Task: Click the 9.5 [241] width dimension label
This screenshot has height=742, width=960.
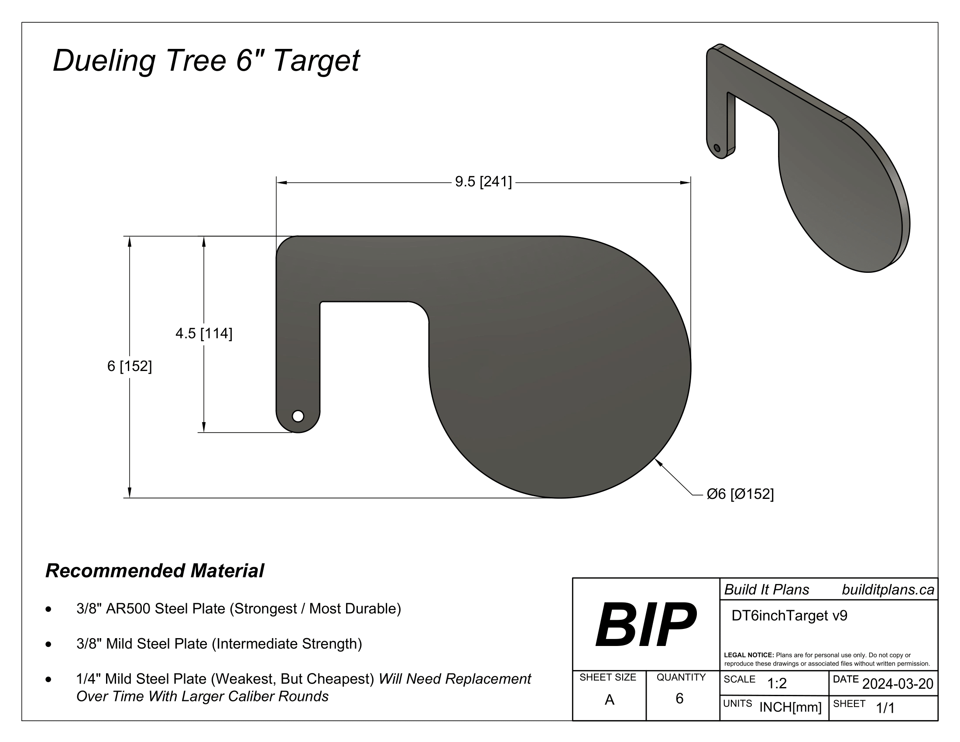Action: pos(483,182)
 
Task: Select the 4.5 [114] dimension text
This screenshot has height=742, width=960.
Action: pos(203,333)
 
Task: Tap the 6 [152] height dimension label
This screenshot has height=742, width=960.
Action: pos(129,366)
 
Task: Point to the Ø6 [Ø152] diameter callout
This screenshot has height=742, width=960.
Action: pos(740,494)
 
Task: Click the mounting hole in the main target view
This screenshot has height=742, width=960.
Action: pos(298,416)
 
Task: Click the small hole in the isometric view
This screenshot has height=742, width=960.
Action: pos(717,148)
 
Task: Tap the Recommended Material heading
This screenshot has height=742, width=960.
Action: pos(154,570)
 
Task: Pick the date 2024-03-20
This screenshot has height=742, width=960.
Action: pos(898,684)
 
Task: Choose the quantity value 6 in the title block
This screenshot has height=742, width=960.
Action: pos(679,698)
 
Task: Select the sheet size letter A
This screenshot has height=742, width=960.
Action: pos(609,699)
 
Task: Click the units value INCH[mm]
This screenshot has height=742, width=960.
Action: pos(790,707)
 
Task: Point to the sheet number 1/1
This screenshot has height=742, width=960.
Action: pos(885,708)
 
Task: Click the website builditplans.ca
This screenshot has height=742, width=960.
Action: pos(888,590)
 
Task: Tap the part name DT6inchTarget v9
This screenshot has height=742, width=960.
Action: pos(789,615)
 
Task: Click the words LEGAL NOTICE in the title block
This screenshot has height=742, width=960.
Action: pos(748,655)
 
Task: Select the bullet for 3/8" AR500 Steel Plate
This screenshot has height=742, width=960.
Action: pos(48,609)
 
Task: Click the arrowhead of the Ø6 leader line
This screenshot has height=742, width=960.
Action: pos(658,461)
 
